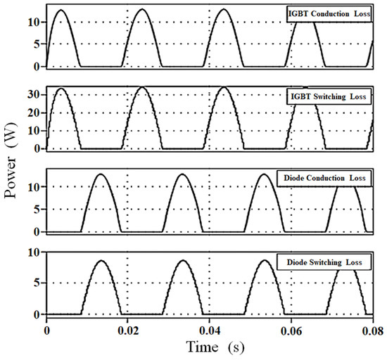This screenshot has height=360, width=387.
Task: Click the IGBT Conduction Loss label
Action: pos(328,14)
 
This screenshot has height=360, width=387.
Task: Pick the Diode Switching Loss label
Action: pos(324,262)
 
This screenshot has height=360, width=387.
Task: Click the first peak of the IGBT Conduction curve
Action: pos(61,10)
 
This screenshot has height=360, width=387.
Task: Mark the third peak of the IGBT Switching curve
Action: pos(224,87)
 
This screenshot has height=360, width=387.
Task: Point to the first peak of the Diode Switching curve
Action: pos(102,261)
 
